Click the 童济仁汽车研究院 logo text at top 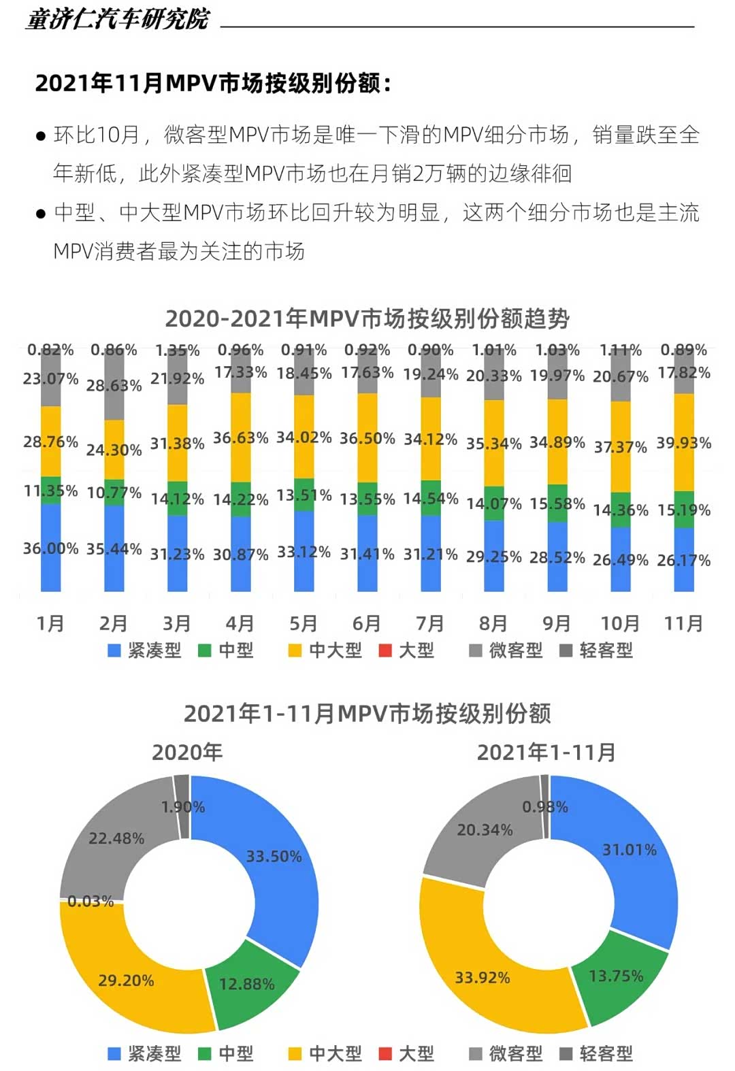117,19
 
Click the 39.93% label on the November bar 683,443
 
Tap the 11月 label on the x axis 683,623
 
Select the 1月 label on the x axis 50,623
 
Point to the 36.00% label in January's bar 50,548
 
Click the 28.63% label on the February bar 114,386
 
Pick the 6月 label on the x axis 367,623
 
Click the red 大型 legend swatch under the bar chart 385,650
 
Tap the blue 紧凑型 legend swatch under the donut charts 114,1054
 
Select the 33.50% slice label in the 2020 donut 274,857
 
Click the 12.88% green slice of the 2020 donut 247,984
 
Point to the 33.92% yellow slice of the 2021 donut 483,978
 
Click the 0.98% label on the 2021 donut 545,807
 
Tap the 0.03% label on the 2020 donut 91,902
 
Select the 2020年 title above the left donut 187,753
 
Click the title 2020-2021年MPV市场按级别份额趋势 367,318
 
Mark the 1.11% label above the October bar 620,350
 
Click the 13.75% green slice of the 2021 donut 616,976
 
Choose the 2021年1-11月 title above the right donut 546,753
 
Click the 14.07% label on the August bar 493,504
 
